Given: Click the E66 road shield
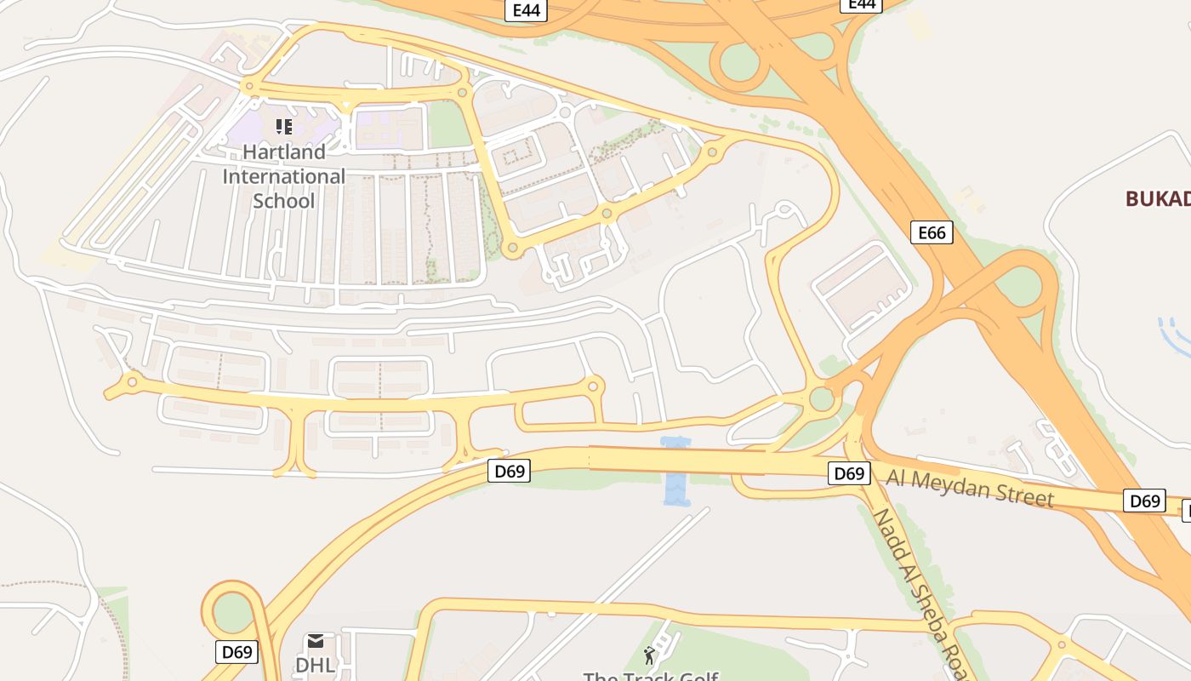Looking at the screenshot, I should (932, 232).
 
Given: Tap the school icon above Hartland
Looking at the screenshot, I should (284, 127).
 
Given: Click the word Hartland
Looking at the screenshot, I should (284, 152).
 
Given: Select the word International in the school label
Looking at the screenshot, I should (284, 176).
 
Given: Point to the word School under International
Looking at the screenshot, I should (284, 201).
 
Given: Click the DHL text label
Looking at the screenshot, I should (316, 665).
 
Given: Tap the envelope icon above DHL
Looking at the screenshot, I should (316, 641).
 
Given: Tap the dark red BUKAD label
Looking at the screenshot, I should (1157, 199).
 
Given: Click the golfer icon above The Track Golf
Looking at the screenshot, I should (650, 655).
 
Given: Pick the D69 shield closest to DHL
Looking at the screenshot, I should (236, 652).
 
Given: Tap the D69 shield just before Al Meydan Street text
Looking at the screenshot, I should (849, 473).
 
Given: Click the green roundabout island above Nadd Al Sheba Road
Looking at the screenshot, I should (822, 398).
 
